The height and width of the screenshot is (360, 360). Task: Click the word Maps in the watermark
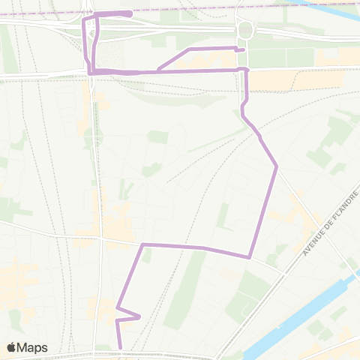[34, 347]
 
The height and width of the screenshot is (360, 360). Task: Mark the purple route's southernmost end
[120, 347]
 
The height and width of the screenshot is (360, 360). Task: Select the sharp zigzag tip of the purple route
[140, 316]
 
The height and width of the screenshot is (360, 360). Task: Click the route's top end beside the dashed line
[130, 13]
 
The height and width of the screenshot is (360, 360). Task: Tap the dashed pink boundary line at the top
[225, 7]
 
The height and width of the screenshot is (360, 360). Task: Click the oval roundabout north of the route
[244, 31]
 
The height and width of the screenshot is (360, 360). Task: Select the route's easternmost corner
[277, 166]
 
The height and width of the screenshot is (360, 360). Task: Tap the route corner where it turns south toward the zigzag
[142, 245]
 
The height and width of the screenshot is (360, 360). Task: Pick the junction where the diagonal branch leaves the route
[157, 70]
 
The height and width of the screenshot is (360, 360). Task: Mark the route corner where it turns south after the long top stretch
[246, 69]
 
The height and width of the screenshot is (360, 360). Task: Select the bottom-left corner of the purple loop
[91, 71]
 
